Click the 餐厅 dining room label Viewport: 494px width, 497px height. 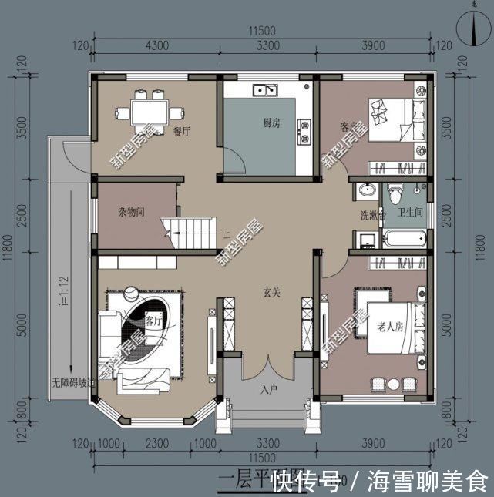pyautogui.click(x=182, y=132)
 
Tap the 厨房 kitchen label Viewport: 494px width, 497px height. pyautogui.click(x=270, y=123)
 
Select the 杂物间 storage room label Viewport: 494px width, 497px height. pyautogui.click(x=131, y=212)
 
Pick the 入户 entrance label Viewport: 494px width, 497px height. pyautogui.click(x=268, y=389)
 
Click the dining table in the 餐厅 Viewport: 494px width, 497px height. pyautogui.click(x=146, y=110)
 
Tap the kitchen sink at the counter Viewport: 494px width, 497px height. pyautogui.click(x=267, y=90)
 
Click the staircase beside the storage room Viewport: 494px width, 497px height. pyautogui.click(x=189, y=231)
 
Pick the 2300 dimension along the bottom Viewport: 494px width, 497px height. pyautogui.click(x=157, y=445)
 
